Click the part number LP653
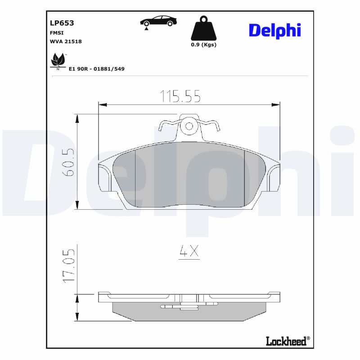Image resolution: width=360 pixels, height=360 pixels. [x=62, y=23]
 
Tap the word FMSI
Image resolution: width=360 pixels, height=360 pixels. [x=57, y=33]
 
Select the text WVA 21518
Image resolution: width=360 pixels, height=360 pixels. [x=66, y=41]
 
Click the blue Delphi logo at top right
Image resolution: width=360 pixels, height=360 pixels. [x=275, y=31]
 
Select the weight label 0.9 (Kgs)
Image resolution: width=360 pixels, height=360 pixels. [x=204, y=45]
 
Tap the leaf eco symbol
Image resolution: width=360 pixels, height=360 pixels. [x=58, y=61]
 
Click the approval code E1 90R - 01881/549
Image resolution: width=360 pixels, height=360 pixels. [x=97, y=69]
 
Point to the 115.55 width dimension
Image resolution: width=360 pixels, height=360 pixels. [x=180, y=96]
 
